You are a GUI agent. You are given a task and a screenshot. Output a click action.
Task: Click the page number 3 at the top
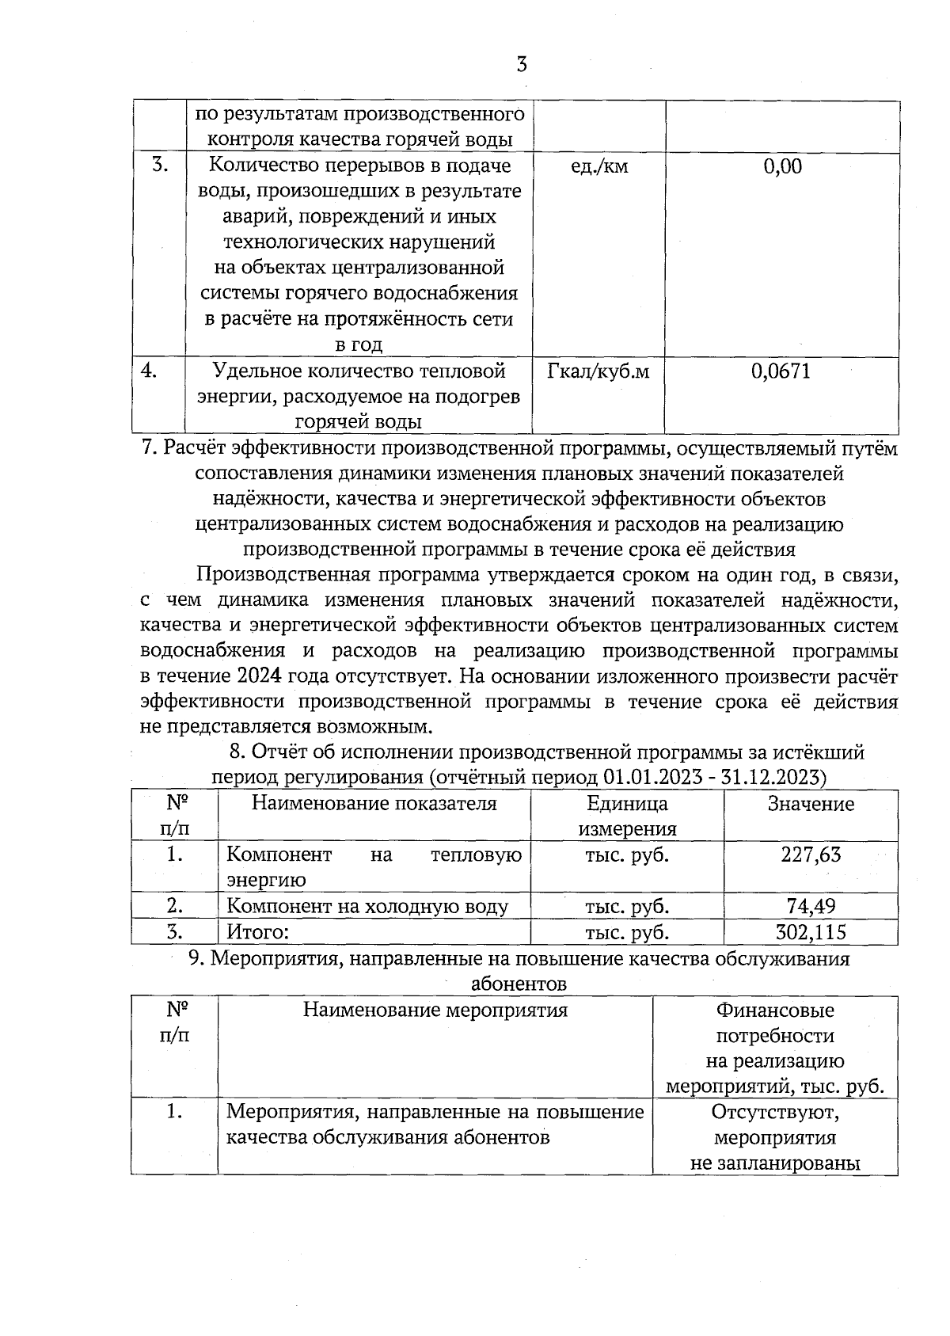[521, 65]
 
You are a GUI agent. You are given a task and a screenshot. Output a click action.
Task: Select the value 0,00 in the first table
[782, 166]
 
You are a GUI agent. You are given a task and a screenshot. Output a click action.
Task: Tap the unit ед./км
[599, 166]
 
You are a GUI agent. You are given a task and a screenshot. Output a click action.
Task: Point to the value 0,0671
[781, 371]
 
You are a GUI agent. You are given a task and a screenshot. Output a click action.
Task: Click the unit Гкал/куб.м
[598, 371]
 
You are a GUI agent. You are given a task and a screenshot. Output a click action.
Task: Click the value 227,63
[811, 855]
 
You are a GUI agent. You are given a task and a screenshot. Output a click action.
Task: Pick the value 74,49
[811, 906]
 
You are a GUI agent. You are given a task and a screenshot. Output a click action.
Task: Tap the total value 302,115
[811, 932]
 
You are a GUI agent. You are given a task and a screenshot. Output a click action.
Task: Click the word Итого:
[258, 932]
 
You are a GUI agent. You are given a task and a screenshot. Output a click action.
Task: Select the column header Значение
[811, 804]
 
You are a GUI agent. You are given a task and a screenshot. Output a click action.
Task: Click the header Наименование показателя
[374, 804]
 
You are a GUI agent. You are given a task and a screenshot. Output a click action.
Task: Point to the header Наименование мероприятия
[435, 1011]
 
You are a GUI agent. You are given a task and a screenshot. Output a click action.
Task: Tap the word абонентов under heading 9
[519, 984]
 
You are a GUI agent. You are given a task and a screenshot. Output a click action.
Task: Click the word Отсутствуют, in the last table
[775, 1112]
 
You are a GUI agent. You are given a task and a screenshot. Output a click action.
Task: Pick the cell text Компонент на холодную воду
[367, 907]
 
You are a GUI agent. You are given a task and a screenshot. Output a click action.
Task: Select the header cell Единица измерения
[627, 816]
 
